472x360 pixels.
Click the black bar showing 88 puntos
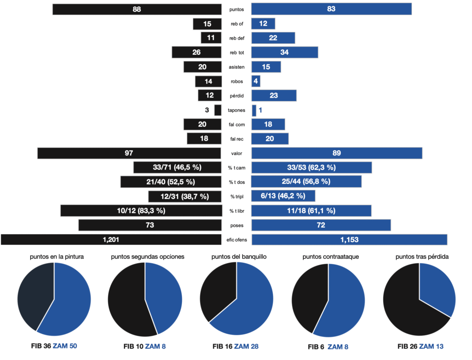(x=137, y=9)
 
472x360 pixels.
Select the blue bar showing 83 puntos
(x=331, y=9)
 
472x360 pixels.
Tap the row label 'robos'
(x=236, y=82)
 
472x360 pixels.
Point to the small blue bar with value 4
(x=256, y=82)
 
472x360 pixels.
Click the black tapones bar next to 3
(x=218, y=110)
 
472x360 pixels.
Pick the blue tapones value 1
(x=260, y=110)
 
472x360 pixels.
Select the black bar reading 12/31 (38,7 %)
(x=185, y=196)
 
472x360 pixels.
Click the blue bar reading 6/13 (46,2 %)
(x=283, y=196)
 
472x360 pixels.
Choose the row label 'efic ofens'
(x=236, y=240)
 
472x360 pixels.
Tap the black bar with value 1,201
(x=111, y=240)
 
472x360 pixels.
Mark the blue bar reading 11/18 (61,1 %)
(x=311, y=211)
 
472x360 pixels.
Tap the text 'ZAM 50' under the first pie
(x=65, y=346)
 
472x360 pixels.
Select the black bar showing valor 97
(x=130, y=153)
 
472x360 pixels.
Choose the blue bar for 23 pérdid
(x=274, y=96)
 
